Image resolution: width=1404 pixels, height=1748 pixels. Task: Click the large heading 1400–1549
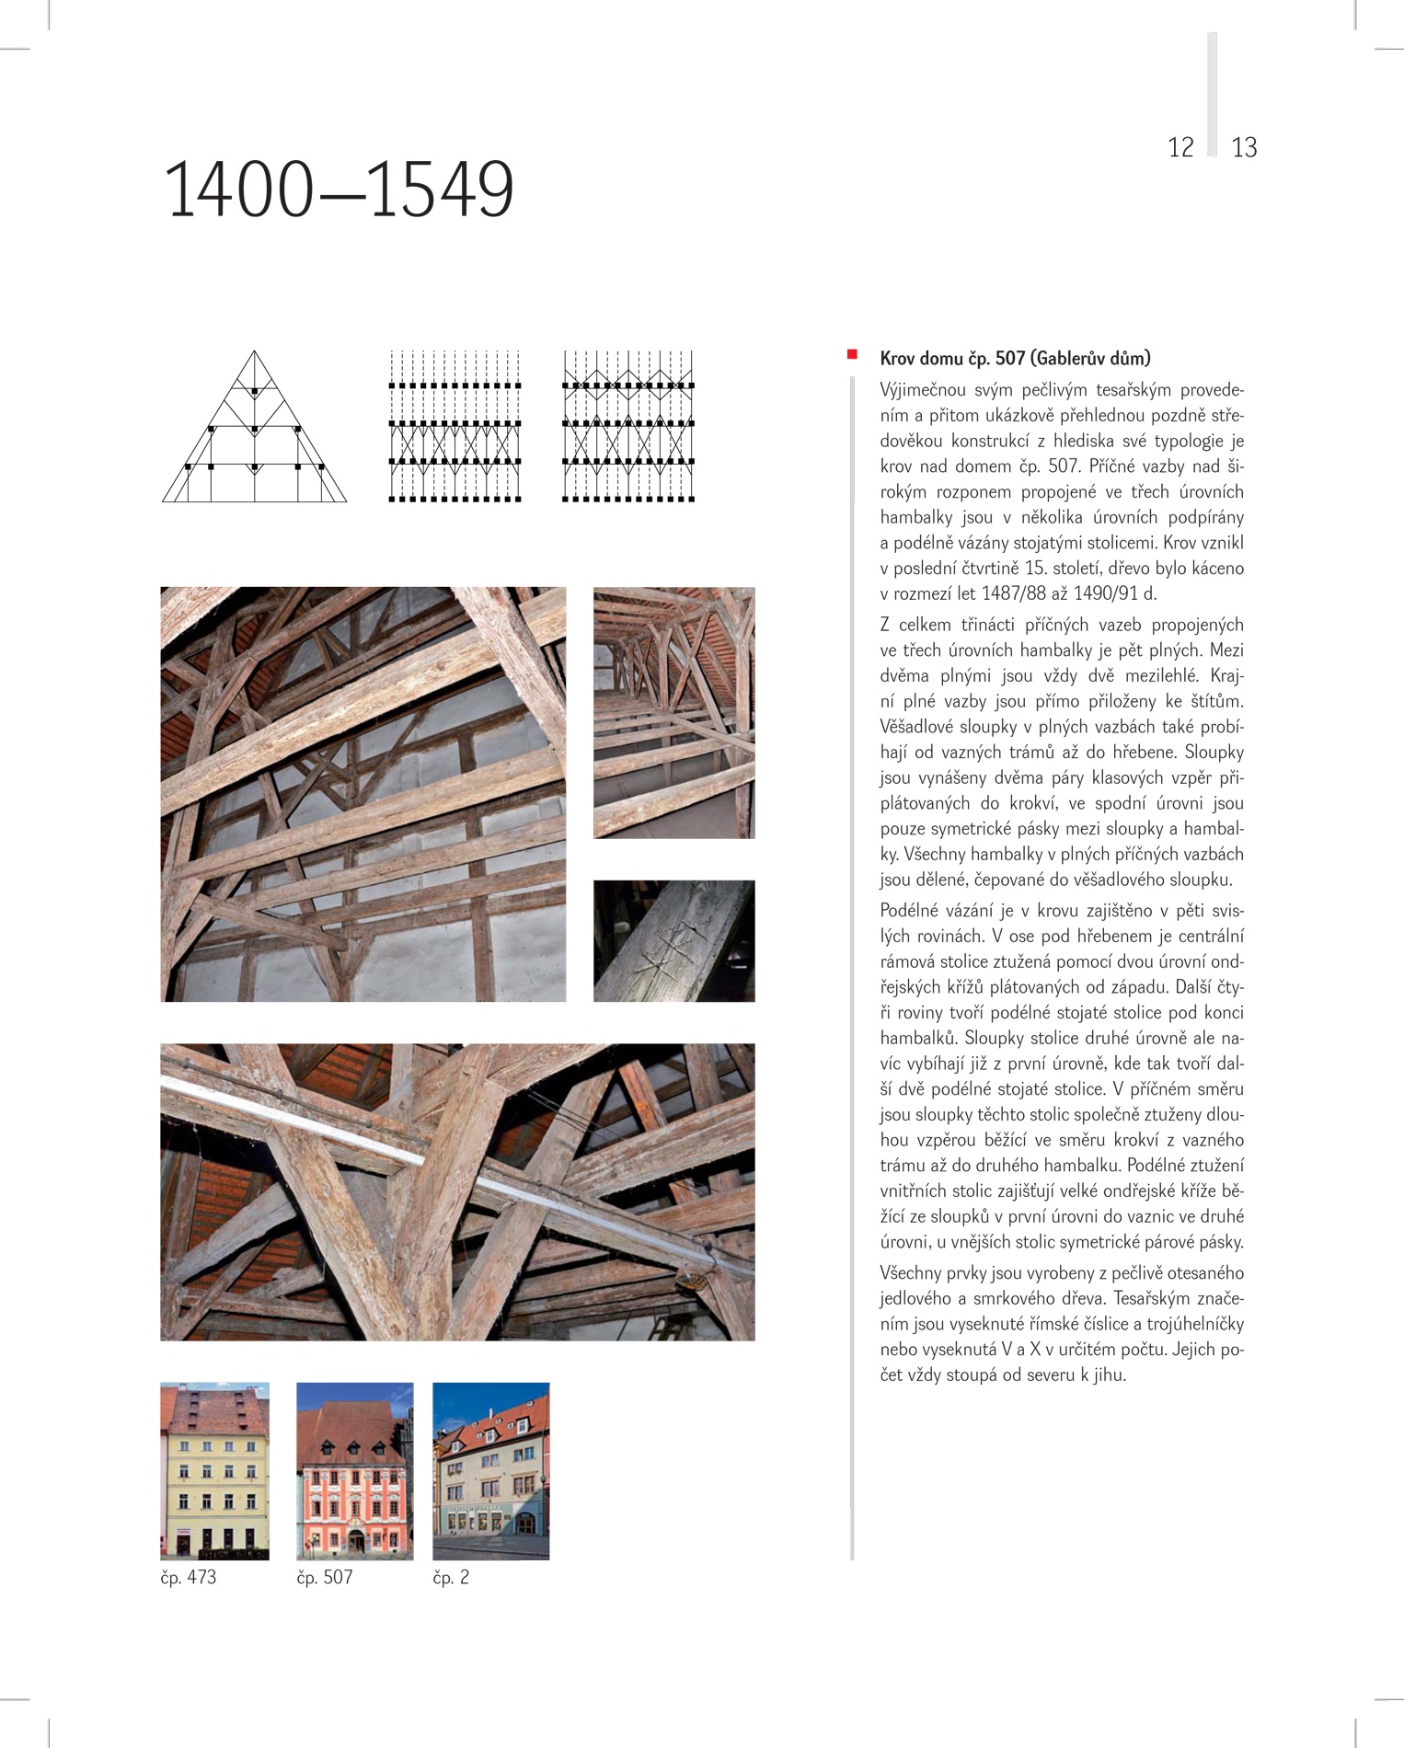[x=339, y=190]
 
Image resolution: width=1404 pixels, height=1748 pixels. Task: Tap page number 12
[x=1180, y=147]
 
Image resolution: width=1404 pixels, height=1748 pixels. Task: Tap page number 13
[x=1244, y=147]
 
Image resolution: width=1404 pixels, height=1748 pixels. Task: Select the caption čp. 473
[x=189, y=1577]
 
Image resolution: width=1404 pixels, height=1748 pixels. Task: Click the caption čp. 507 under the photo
[x=324, y=1577]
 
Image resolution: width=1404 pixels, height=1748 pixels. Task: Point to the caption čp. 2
[x=451, y=1577]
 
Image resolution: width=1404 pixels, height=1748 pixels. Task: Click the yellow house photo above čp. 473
[x=214, y=1470]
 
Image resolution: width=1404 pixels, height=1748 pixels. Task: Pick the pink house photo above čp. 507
[x=354, y=1470]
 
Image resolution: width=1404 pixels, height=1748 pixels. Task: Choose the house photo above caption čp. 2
[x=490, y=1470]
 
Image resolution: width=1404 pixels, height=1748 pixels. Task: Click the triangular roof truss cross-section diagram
[x=254, y=428]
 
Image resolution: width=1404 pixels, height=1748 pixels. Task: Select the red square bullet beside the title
[x=852, y=354]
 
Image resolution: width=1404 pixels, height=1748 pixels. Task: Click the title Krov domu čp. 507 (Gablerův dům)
[x=1015, y=358]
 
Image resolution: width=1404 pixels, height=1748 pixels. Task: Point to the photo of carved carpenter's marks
[x=673, y=940]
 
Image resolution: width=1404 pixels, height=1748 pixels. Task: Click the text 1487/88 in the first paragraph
[x=1014, y=594]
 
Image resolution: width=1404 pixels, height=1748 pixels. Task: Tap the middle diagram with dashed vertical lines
[x=455, y=426]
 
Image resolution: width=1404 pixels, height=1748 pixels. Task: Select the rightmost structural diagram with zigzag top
[x=628, y=426]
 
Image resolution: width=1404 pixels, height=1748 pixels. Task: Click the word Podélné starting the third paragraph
[x=911, y=911]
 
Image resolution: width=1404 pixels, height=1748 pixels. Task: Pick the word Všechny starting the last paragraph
[x=911, y=1273]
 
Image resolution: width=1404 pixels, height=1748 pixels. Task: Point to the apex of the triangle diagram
[x=255, y=352]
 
